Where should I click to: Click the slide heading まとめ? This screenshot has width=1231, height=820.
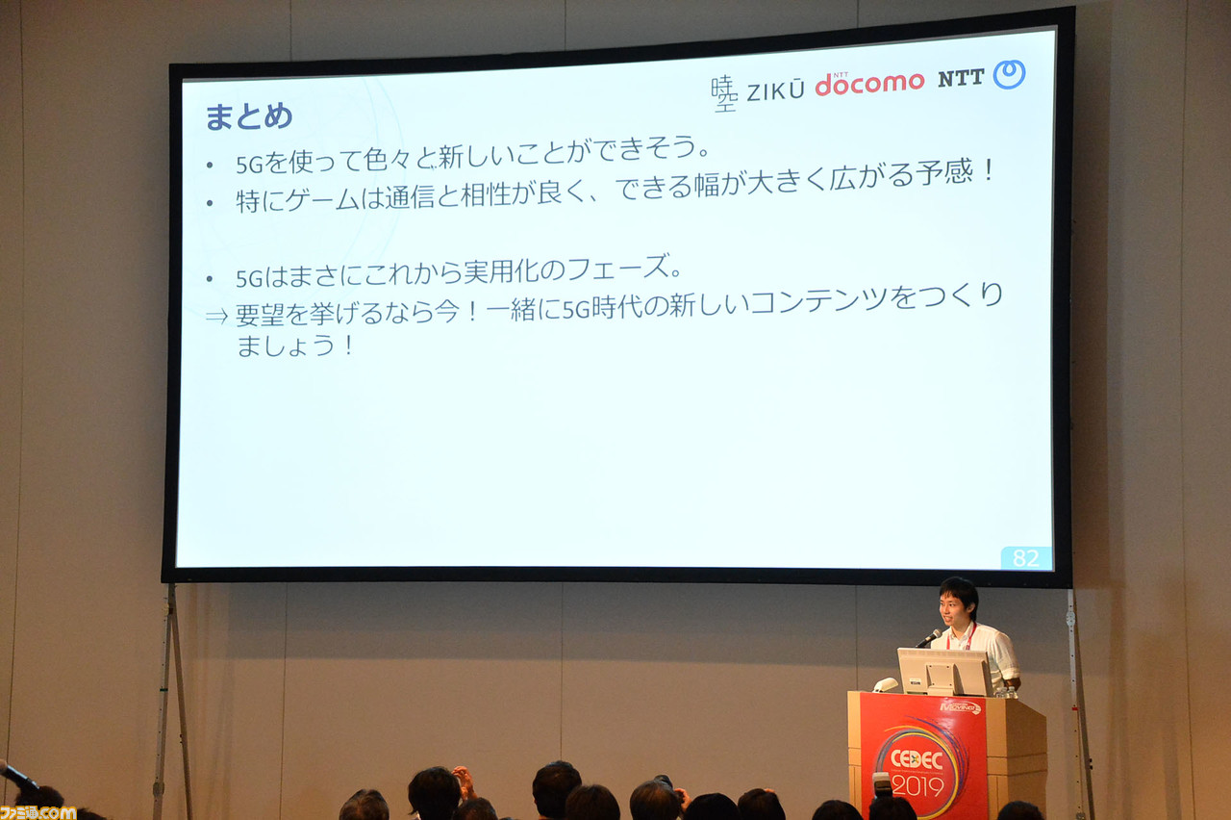pyautogui.click(x=248, y=116)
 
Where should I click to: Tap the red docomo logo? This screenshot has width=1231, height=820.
pyautogui.click(x=869, y=84)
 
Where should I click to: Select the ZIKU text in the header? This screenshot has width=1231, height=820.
pyautogui.click(x=775, y=90)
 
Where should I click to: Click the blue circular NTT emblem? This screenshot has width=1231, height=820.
pyautogui.click(x=1009, y=74)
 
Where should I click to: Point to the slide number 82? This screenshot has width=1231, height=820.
pyautogui.click(x=1025, y=558)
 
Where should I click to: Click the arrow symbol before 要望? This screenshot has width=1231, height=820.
pyautogui.click(x=216, y=317)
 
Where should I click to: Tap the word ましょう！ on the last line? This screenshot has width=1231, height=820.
pyautogui.click(x=295, y=346)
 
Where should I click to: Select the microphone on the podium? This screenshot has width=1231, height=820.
pyautogui.click(x=928, y=638)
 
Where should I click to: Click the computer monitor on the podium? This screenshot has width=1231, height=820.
pyautogui.click(x=944, y=672)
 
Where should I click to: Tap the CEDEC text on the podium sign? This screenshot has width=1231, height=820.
pyautogui.click(x=917, y=759)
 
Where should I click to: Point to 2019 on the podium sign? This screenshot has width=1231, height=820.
pyautogui.click(x=917, y=786)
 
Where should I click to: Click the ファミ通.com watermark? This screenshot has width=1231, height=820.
pyautogui.click(x=38, y=812)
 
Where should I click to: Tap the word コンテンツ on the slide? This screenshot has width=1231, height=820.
pyautogui.click(x=818, y=301)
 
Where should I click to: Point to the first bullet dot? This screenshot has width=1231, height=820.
pyautogui.click(x=210, y=165)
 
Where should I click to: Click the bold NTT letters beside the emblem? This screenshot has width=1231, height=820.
pyautogui.click(x=961, y=79)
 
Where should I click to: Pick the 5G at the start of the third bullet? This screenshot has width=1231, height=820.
pyautogui.click(x=250, y=279)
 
